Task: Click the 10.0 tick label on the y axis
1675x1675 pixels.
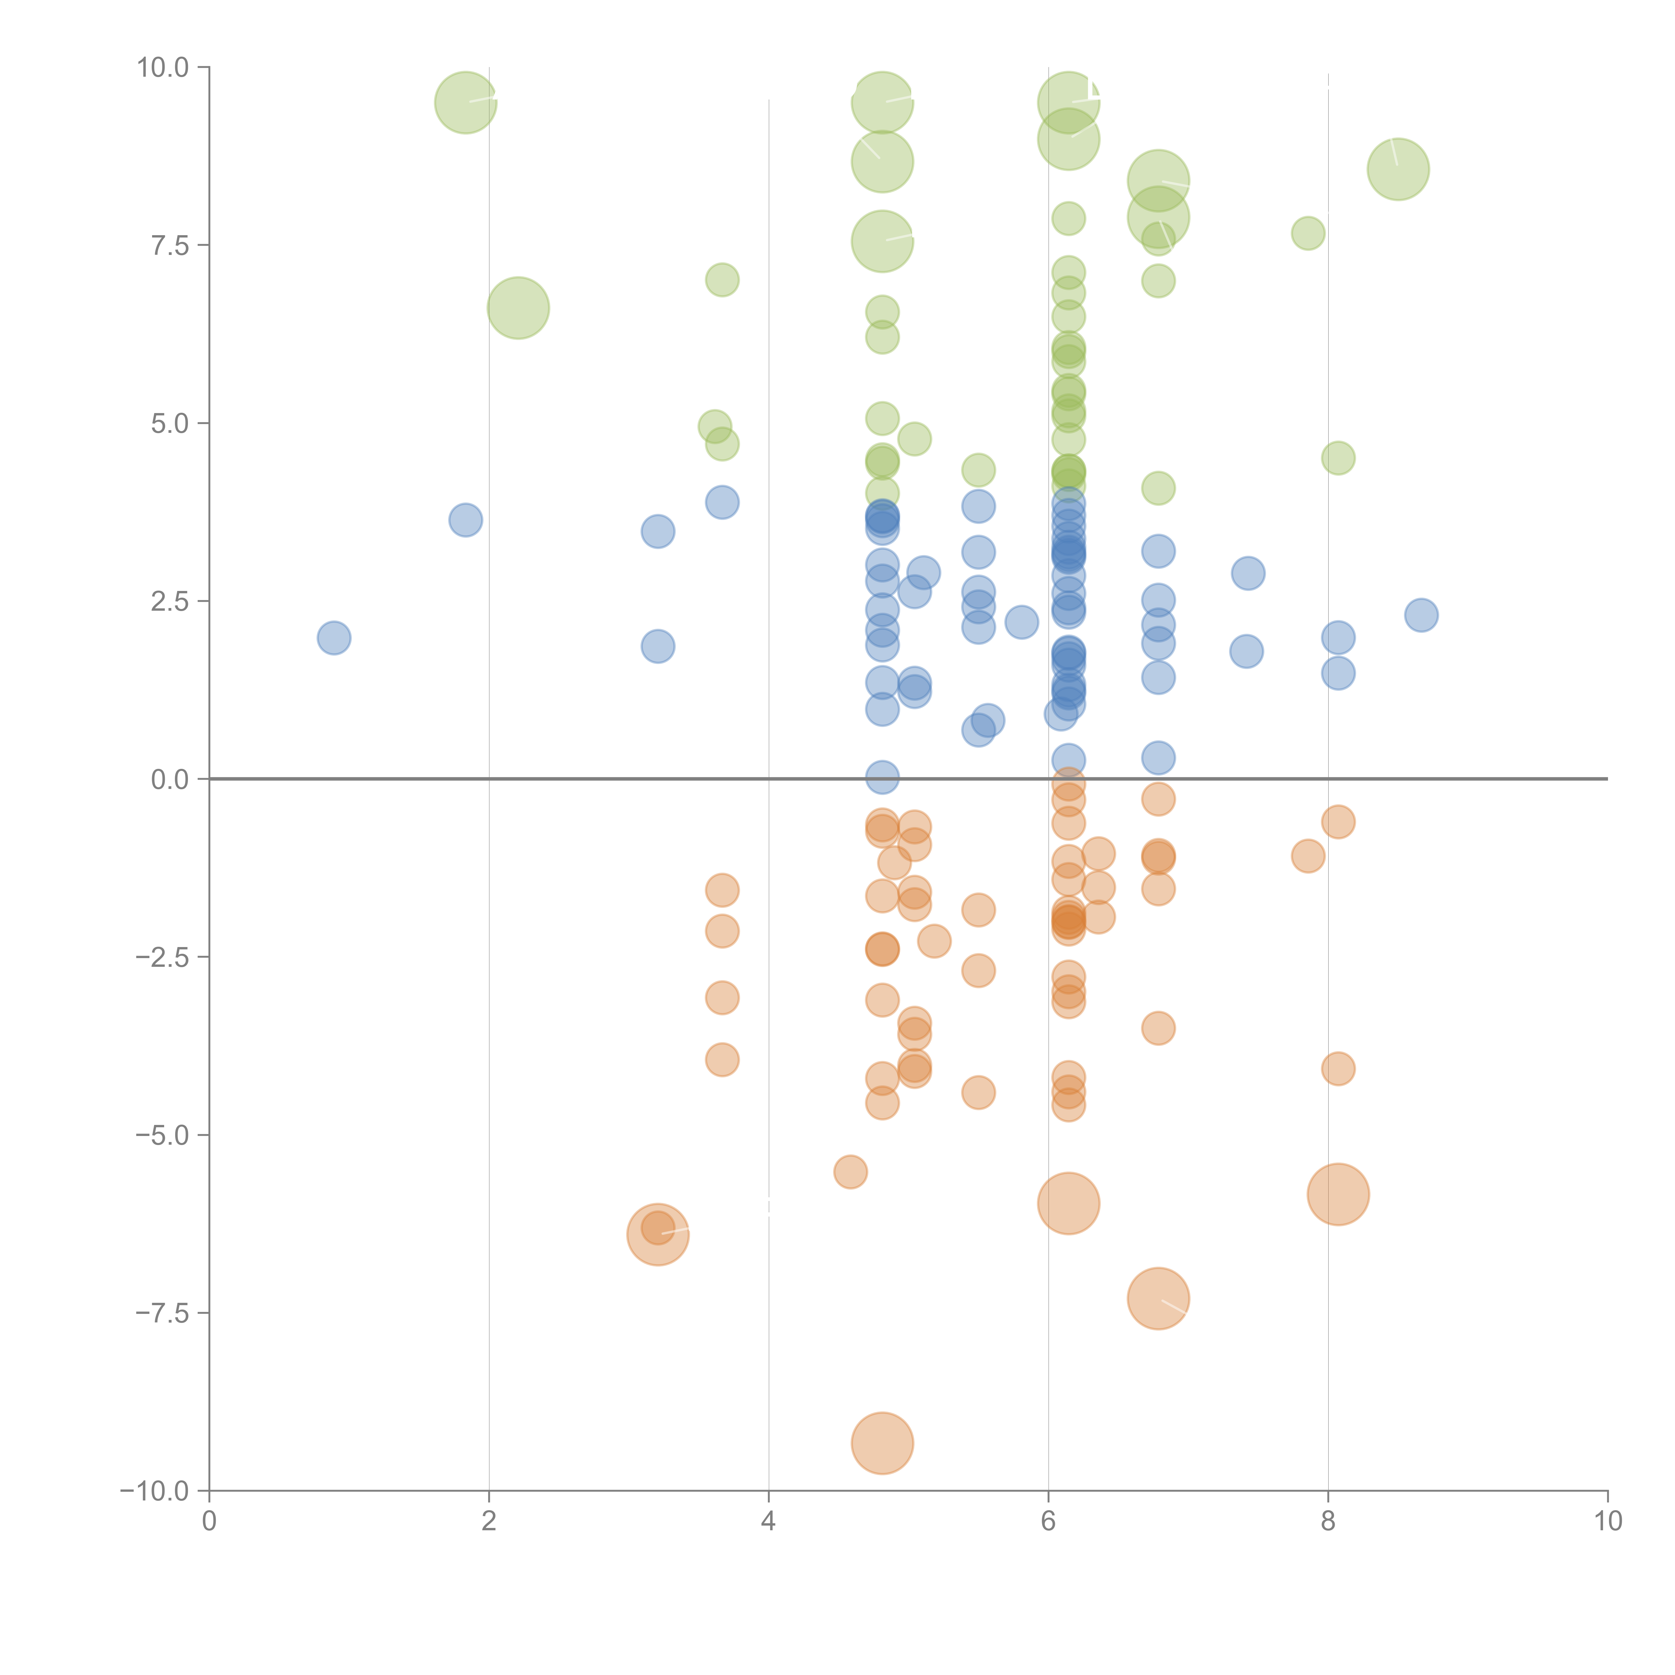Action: tap(163, 68)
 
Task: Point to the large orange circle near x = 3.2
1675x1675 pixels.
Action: tap(658, 1234)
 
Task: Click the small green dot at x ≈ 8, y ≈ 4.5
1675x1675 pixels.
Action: tap(1338, 458)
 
